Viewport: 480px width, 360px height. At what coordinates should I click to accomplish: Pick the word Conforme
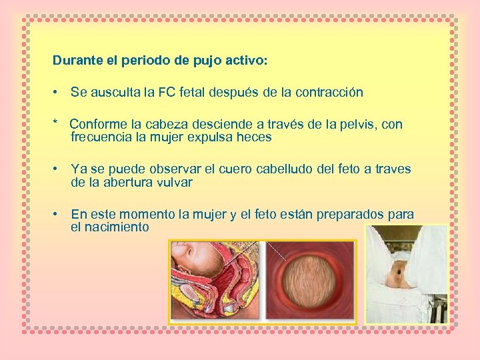tap(95, 125)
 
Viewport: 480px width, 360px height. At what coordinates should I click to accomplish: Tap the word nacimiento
tap(110, 227)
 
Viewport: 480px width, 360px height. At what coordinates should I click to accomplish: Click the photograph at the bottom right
tap(406, 273)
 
